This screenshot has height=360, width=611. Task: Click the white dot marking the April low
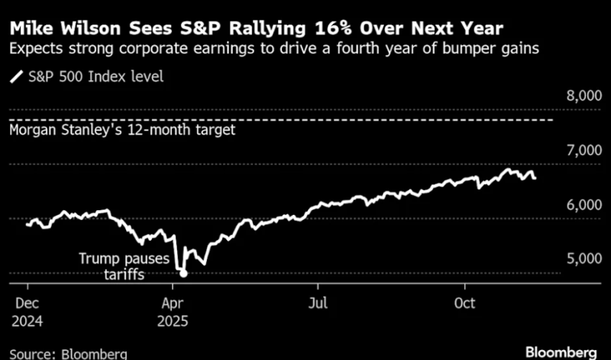[183, 273]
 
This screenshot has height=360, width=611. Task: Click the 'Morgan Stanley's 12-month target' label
[122, 130]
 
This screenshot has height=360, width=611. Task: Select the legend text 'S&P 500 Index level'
[91, 76]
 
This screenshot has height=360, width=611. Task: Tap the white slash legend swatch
[15, 76]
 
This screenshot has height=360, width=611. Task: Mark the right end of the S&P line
[534, 178]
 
